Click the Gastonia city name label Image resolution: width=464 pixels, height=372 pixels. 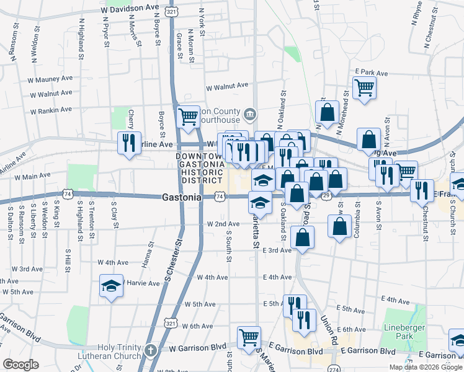point(181,197)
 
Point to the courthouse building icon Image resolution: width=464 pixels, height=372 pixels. point(250,113)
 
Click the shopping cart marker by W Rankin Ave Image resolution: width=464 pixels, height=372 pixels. point(188,116)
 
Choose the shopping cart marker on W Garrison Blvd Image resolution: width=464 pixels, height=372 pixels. point(249,337)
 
